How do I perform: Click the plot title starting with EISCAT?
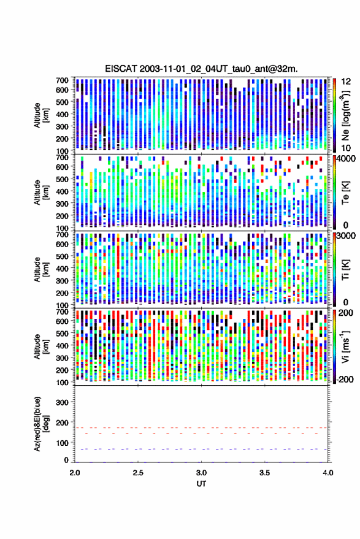(202, 69)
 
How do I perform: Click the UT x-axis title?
(202, 484)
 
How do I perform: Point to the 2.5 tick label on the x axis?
(138, 473)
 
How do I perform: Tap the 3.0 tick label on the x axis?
(202, 473)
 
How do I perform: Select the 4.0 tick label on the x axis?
(328, 473)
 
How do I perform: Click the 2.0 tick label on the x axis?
(75, 473)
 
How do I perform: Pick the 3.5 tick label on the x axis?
(265, 473)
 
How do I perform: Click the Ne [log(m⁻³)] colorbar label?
(346, 115)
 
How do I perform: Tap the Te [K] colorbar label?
(346, 193)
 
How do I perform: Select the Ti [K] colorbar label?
(346, 270)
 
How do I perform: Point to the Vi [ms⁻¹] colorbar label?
(346, 346)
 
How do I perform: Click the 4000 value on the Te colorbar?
(347, 159)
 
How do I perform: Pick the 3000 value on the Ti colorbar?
(347, 236)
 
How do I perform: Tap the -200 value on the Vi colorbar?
(345, 379)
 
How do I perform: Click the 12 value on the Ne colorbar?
(347, 82)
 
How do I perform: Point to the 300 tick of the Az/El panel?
(62, 402)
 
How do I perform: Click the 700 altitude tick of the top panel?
(62, 80)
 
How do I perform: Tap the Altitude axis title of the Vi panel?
(40, 346)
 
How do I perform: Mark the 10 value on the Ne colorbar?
(347, 148)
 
